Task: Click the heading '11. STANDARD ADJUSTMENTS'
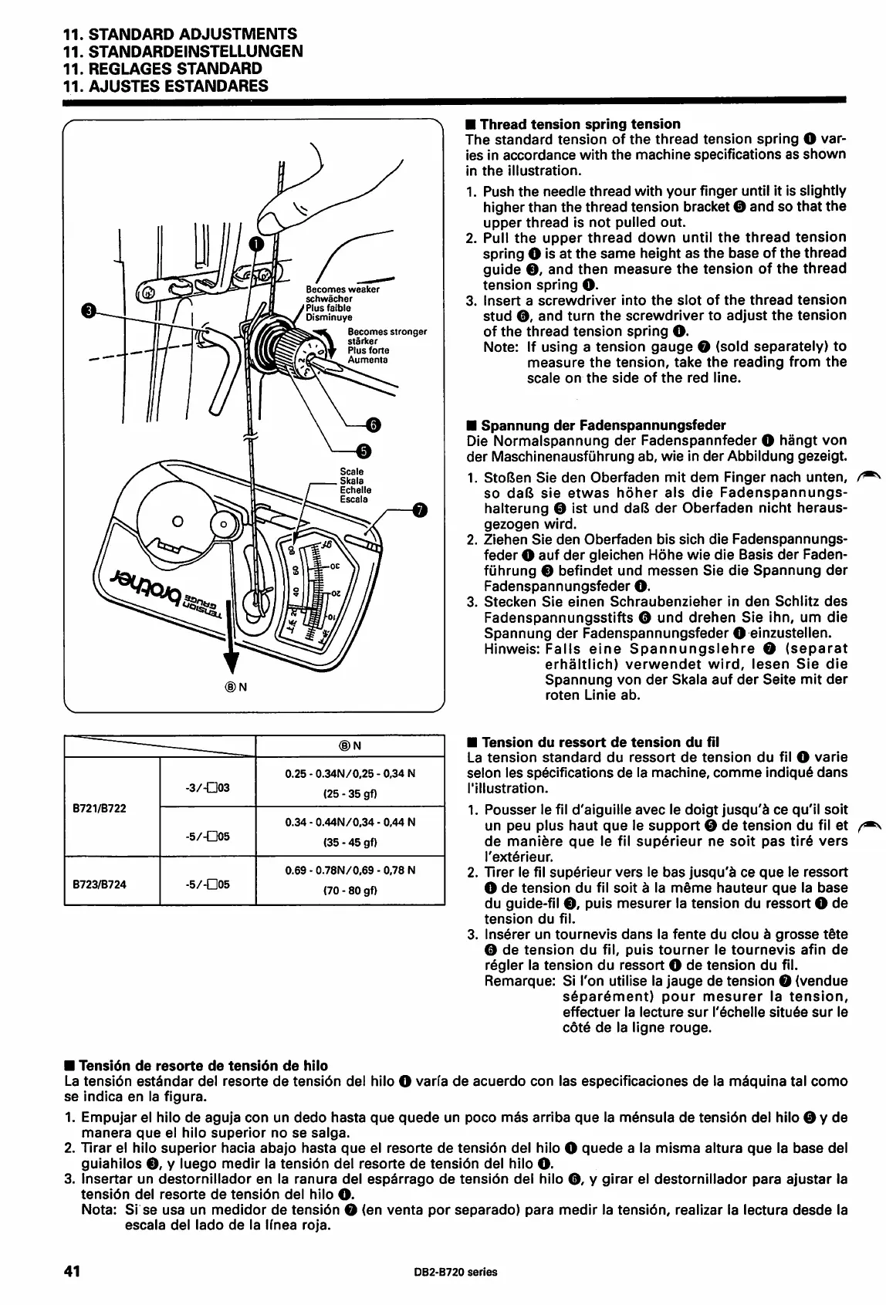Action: click(179, 34)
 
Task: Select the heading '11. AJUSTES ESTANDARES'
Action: click(165, 86)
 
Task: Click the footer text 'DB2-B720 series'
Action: click(451, 1273)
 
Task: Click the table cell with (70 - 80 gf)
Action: click(350, 890)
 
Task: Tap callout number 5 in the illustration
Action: click(364, 451)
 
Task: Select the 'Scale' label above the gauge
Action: click(352, 472)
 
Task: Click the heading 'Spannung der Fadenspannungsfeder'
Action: click(596, 425)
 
